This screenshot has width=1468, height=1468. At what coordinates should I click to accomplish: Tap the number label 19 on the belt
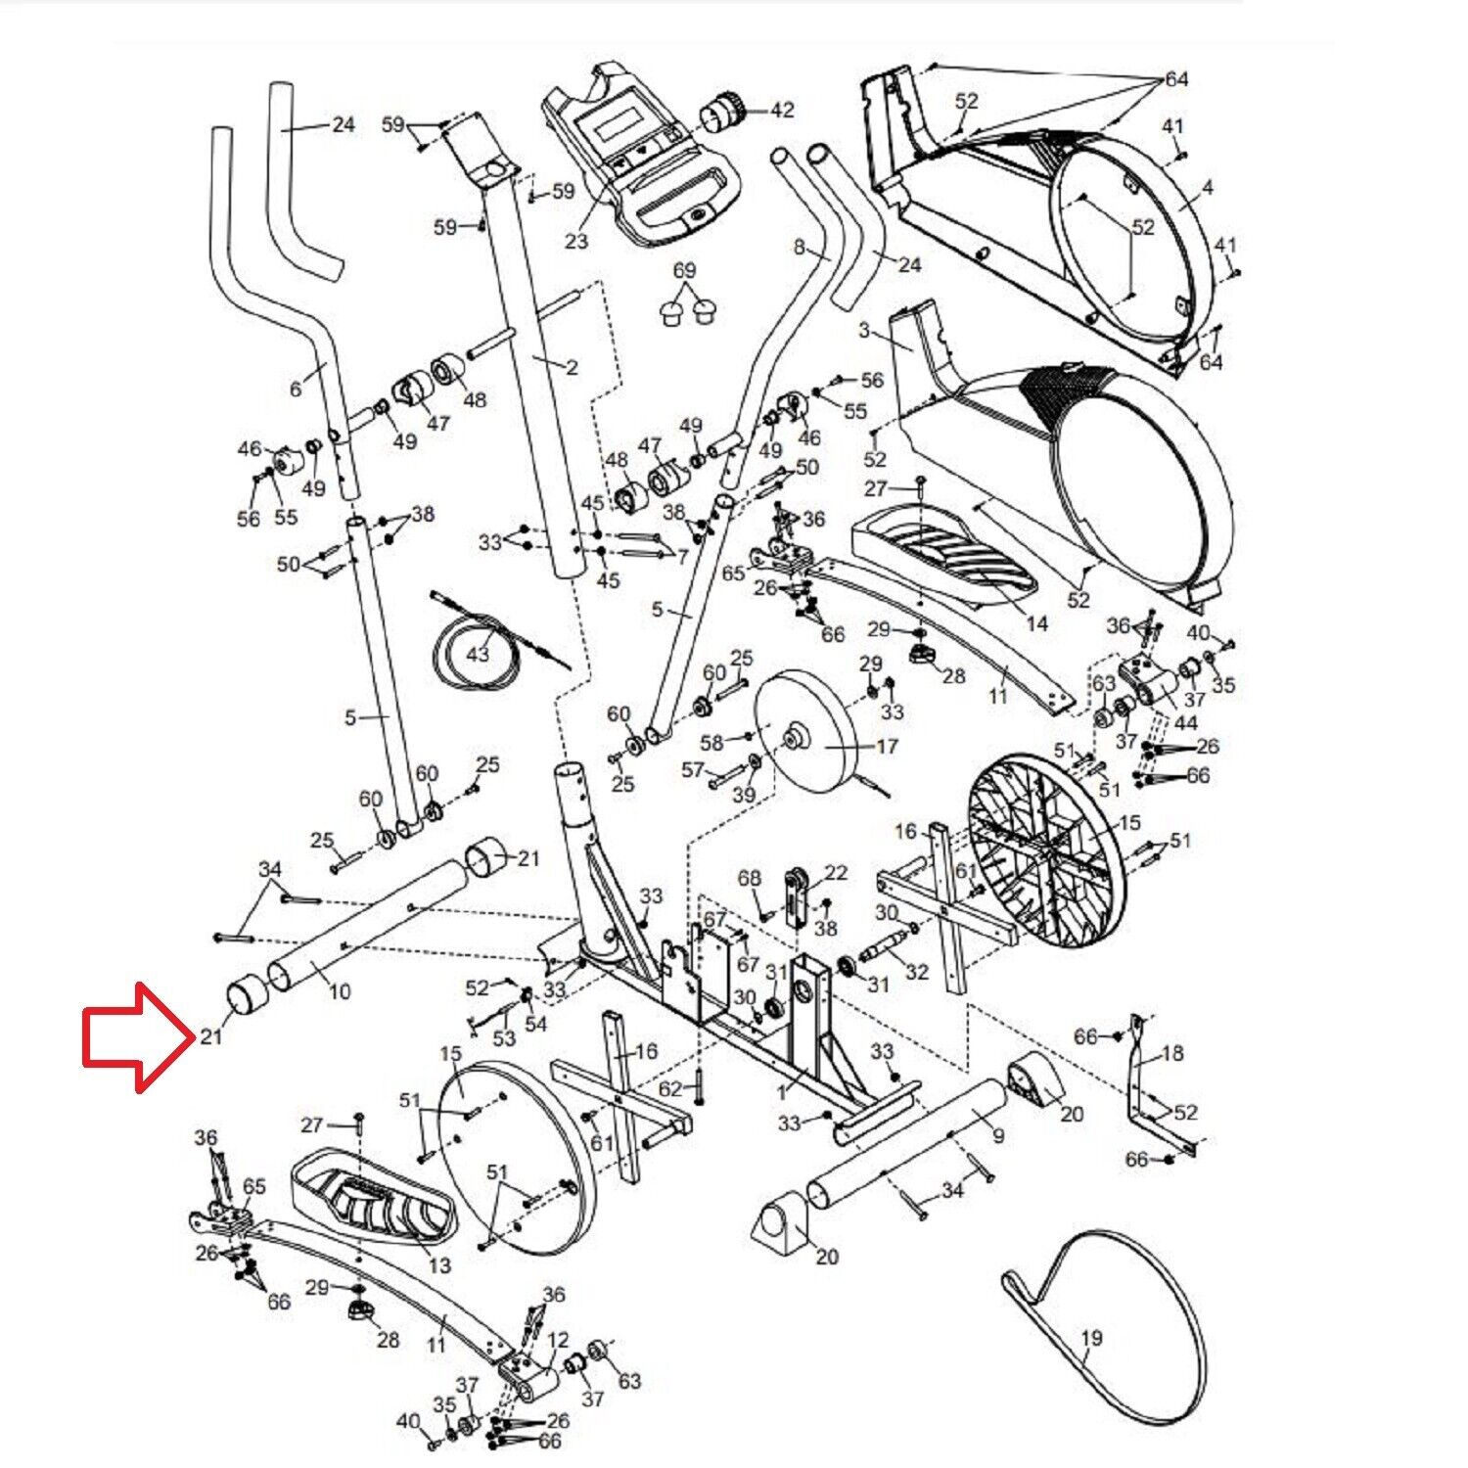pyautogui.click(x=1092, y=1338)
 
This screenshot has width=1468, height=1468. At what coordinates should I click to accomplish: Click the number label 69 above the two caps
pyautogui.click(x=684, y=270)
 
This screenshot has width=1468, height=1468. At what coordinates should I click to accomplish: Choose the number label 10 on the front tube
pyautogui.click(x=339, y=991)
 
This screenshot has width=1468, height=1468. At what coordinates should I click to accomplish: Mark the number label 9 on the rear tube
pyautogui.click(x=998, y=1136)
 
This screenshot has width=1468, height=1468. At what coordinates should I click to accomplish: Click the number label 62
pyautogui.click(x=670, y=1088)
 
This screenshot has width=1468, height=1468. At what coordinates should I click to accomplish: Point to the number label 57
pyautogui.click(x=693, y=770)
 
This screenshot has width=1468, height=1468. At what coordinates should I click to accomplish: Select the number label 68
pyautogui.click(x=750, y=879)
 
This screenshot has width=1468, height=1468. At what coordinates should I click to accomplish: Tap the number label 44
pyautogui.click(x=1185, y=723)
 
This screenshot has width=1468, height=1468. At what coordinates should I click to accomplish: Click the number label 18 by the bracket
pyautogui.click(x=1171, y=1053)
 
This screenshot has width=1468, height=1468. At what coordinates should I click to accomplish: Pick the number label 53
pyautogui.click(x=503, y=1037)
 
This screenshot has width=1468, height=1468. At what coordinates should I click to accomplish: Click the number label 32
pyautogui.click(x=916, y=972)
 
